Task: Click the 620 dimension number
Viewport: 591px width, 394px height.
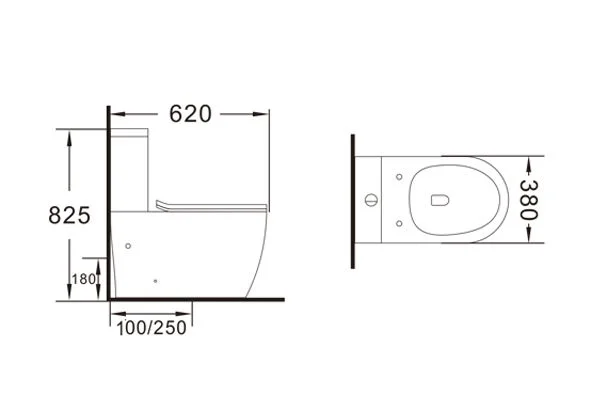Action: point(190,113)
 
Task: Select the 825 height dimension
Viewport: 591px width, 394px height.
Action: point(69,215)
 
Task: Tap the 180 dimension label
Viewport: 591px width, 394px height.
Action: point(83,279)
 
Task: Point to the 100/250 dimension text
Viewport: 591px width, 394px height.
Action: point(152,328)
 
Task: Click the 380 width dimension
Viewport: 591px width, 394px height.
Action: point(528,200)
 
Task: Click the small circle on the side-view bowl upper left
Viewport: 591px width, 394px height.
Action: point(128,246)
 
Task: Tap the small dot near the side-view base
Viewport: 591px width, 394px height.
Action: point(155,281)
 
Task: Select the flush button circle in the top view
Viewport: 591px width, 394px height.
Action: point(371,200)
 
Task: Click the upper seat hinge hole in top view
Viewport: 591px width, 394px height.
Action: point(399,177)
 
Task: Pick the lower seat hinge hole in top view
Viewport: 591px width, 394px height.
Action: point(399,224)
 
